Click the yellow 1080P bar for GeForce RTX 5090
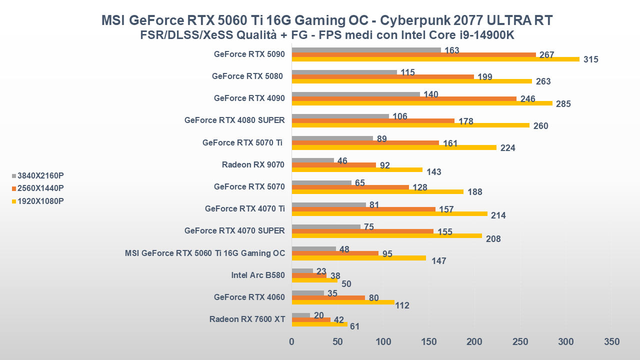[435, 59]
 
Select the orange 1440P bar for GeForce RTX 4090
[404, 98]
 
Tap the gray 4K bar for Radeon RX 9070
[312, 160]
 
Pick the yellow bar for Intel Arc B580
[314, 280]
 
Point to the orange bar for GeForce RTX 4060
[328, 297]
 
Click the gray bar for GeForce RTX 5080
[344, 72]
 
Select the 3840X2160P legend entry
[38, 175]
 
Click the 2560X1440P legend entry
[38, 188]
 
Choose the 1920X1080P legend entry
[38, 201]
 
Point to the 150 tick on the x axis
[428, 342]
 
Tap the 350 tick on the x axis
[611, 342]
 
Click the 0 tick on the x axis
[292, 342]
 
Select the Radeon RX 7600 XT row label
[247, 319]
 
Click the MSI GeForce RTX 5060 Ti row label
[205, 253]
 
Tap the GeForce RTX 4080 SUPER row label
[234, 120]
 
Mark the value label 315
[590, 59]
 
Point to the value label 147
[438, 261]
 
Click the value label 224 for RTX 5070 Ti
[507, 148]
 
